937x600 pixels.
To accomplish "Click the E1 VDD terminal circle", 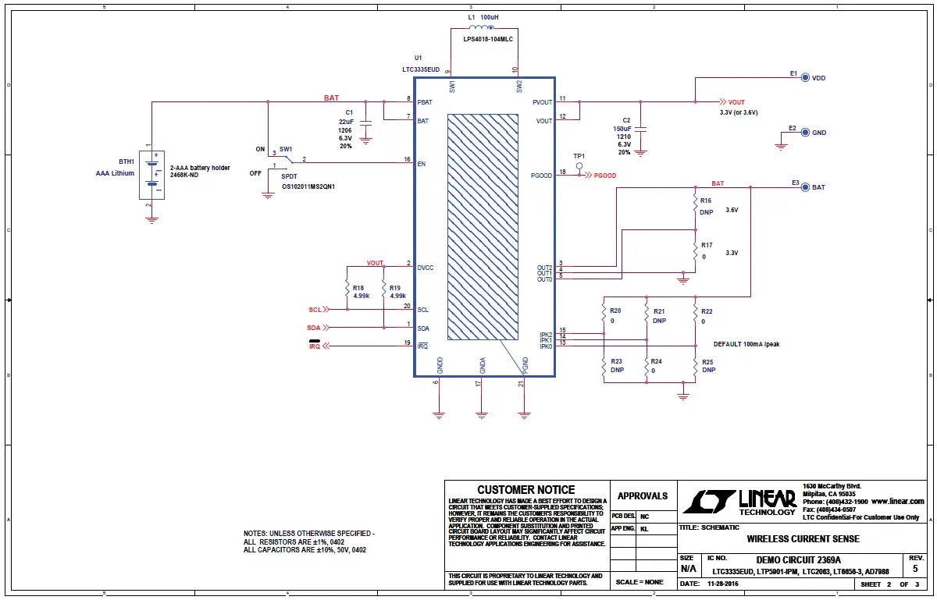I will click(x=805, y=78).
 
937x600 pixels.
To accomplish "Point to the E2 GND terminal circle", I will click(x=805, y=133).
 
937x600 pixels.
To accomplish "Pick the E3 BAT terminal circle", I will click(x=805, y=187).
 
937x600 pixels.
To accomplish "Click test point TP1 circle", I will click(x=579, y=165).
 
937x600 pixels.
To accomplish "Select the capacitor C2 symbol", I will click(x=641, y=130).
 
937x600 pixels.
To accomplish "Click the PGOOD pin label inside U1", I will click(x=541, y=176).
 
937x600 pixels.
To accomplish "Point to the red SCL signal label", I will click(x=315, y=310).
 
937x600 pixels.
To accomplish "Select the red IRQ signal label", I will click(x=315, y=346).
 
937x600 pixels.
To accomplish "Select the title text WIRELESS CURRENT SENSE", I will click(x=803, y=538).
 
